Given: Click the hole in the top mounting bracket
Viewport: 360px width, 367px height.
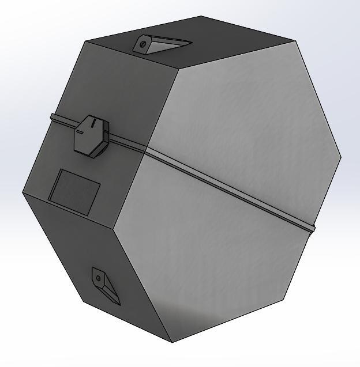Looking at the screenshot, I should pos(142,44).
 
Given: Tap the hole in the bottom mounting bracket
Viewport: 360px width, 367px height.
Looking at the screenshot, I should pos(98,278).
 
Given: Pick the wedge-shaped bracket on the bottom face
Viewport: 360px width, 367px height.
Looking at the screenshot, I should pos(105,285).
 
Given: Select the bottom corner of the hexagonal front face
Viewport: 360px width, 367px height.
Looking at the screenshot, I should pos(172,342).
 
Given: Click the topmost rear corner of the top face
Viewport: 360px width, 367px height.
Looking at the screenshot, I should pos(201,16).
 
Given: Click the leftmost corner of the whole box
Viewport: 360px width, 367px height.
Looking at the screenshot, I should pos(22,193).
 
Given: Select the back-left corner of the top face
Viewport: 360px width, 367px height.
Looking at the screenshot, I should pos(85,41).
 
